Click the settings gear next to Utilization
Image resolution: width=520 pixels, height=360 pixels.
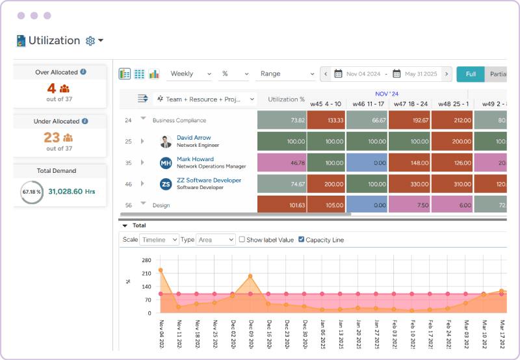point(90,41)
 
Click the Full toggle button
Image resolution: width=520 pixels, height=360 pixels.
point(470,74)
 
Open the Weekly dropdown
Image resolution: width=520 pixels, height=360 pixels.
point(190,74)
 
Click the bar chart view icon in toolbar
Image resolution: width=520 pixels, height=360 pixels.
point(154,74)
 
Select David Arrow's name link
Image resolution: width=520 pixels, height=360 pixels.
point(194,138)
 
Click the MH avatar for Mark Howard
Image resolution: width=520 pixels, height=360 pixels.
point(166,163)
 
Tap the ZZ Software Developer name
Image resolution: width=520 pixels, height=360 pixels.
point(209,180)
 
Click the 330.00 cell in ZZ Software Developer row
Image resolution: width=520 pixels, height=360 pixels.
point(409,185)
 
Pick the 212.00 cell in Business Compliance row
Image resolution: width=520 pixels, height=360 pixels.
point(452,120)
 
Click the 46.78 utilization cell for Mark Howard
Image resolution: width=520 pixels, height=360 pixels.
point(281,163)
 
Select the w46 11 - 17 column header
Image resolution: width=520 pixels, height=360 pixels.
point(367,104)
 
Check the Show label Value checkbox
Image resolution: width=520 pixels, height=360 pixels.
point(242,240)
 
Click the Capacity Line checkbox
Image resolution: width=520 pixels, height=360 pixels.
point(301,240)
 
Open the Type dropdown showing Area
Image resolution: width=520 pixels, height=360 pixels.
point(216,240)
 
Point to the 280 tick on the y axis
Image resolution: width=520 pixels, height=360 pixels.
point(146,260)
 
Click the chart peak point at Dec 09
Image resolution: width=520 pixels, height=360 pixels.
point(250,276)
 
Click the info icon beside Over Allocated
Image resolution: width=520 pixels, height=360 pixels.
point(83,72)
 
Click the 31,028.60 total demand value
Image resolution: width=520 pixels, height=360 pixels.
point(71,192)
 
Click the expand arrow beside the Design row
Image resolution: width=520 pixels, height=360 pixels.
point(143,204)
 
